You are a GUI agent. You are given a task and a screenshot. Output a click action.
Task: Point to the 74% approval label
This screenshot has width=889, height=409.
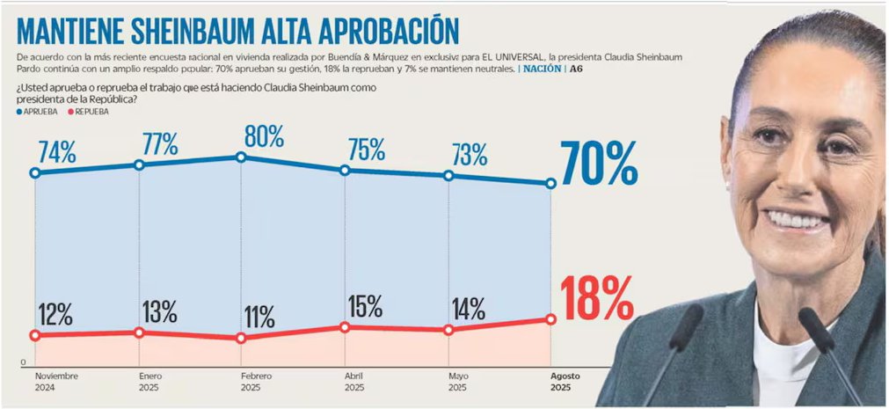(x=56, y=152)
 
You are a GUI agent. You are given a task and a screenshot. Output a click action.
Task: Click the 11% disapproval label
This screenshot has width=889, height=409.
(x=259, y=316)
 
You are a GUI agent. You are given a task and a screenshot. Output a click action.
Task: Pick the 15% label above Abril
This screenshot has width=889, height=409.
(x=363, y=306)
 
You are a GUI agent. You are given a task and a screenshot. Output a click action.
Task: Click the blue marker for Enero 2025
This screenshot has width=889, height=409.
(x=138, y=165)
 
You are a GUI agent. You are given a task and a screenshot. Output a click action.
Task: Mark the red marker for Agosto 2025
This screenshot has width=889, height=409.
(x=551, y=319)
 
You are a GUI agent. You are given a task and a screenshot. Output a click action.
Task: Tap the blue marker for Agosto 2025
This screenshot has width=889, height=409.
(x=551, y=184)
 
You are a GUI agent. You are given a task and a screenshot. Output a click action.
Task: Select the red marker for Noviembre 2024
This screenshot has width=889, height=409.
(x=35, y=335)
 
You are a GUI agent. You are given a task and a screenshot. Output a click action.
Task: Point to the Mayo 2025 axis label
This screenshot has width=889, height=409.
(x=457, y=381)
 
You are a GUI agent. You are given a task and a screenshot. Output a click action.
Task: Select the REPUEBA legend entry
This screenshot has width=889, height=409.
(x=93, y=112)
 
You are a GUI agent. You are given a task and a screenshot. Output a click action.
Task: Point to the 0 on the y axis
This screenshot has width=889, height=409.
(x=23, y=362)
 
